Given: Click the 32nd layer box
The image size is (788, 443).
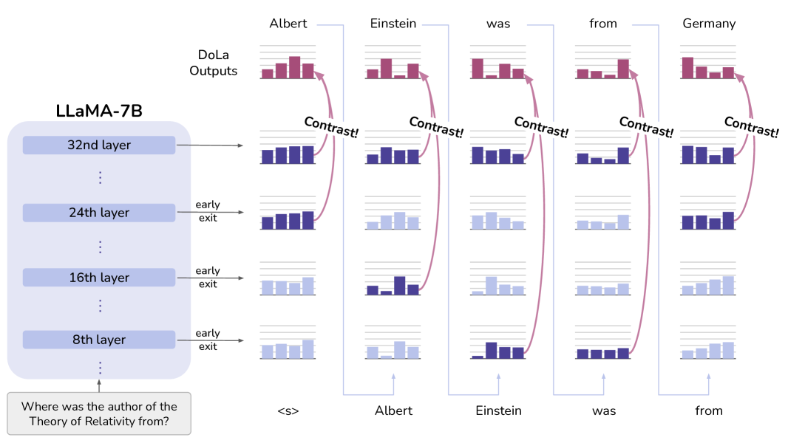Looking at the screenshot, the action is tap(99, 145).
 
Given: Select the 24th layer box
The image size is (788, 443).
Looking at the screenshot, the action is tap(99, 213).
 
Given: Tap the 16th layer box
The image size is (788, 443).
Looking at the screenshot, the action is tap(99, 278).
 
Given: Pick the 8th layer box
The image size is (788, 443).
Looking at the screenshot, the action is tap(99, 340).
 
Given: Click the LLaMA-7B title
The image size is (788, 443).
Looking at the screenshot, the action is tap(99, 111).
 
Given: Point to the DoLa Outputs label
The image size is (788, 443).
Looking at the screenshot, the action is tap(213, 63).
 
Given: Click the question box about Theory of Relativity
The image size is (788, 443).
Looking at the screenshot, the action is tap(99, 414).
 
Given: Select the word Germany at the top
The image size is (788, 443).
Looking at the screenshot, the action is tap(709, 24).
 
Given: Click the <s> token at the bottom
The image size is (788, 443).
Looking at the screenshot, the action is tap(288, 411).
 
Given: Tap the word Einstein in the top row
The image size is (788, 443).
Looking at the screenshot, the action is tap(393, 24).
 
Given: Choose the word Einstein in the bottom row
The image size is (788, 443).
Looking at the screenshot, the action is tap(498, 411).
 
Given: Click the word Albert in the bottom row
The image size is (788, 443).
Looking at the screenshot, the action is tap(393, 411).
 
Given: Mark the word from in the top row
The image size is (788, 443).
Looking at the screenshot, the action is tap(603, 24).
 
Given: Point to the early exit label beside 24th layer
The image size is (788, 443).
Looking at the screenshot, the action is tap(208, 211).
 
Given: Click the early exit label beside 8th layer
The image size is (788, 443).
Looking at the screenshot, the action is tap(208, 340).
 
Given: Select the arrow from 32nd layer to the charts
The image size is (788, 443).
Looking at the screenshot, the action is tap(209, 145).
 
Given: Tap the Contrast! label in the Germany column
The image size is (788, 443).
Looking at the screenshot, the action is tap(751, 126).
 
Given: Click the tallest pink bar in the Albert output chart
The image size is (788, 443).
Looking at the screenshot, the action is tap(294, 67).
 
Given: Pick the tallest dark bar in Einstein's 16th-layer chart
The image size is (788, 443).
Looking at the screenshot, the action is tap(399, 286).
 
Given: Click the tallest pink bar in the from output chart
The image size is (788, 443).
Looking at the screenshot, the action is tap(623, 69).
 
